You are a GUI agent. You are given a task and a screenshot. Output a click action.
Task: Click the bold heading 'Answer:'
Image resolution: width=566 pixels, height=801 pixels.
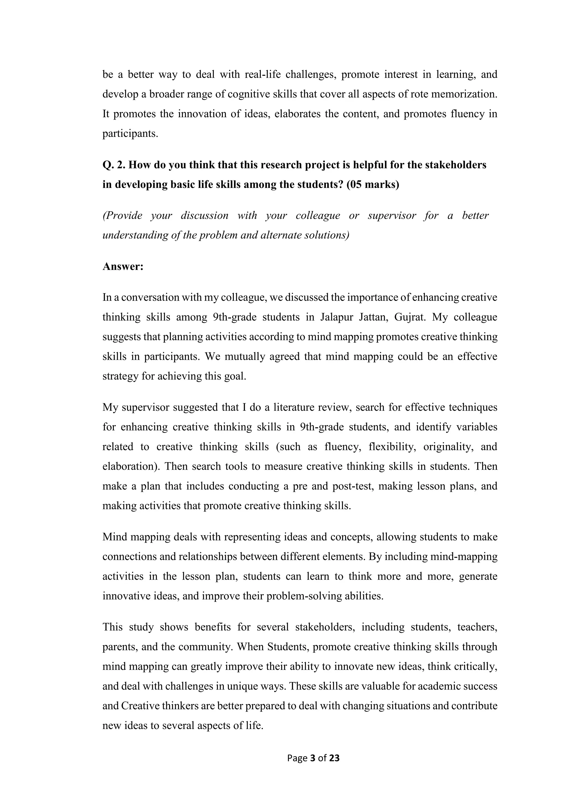coord(123,267)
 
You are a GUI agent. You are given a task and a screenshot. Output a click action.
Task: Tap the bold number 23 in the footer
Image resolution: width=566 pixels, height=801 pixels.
coord(334,758)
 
